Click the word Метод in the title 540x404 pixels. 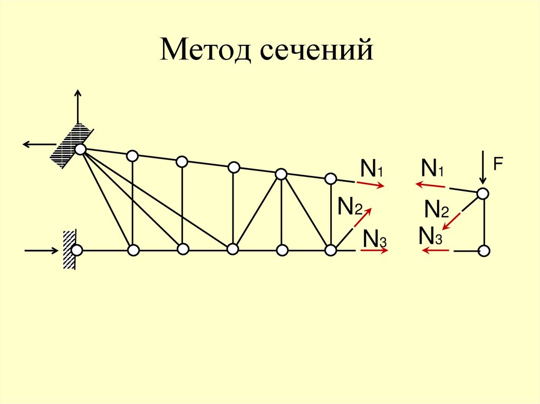[204, 52]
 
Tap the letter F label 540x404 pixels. [497, 164]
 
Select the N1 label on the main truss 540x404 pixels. [371, 170]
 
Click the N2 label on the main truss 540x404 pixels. [349, 207]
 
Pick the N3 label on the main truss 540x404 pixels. [375, 240]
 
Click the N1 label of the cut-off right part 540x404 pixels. [432, 170]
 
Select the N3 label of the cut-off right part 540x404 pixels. [430, 235]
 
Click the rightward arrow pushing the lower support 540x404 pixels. [42, 250]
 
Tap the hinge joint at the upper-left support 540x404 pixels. [80, 150]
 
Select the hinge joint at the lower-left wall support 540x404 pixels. [77, 250]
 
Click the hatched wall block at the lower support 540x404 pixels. [69, 250]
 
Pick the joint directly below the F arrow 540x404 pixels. [483, 194]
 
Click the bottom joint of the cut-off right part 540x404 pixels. [484, 251]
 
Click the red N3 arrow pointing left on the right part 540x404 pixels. [433, 251]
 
